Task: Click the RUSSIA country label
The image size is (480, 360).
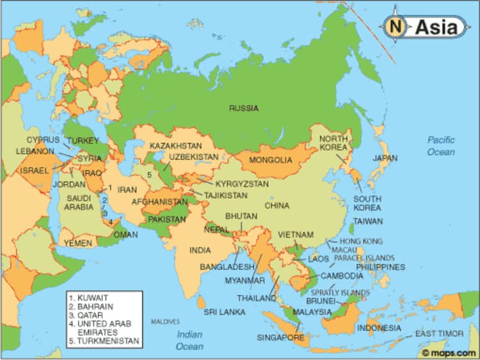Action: (x=244, y=108)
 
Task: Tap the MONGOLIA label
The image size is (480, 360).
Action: (x=270, y=159)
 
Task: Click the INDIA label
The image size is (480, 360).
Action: (x=200, y=250)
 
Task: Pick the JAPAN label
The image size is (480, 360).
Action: (x=385, y=158)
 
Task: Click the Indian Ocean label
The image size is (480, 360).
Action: (x=189, y=340)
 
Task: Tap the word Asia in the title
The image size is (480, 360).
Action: (x=436, y=27)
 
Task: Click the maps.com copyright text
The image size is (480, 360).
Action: (x=449, y=352)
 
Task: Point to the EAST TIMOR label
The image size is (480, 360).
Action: (x=438, y=334)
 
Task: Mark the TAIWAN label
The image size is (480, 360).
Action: (x=368, y=221)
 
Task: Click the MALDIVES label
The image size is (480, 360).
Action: (x=165, y=321)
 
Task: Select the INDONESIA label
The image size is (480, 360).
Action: (x=379, y=327)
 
